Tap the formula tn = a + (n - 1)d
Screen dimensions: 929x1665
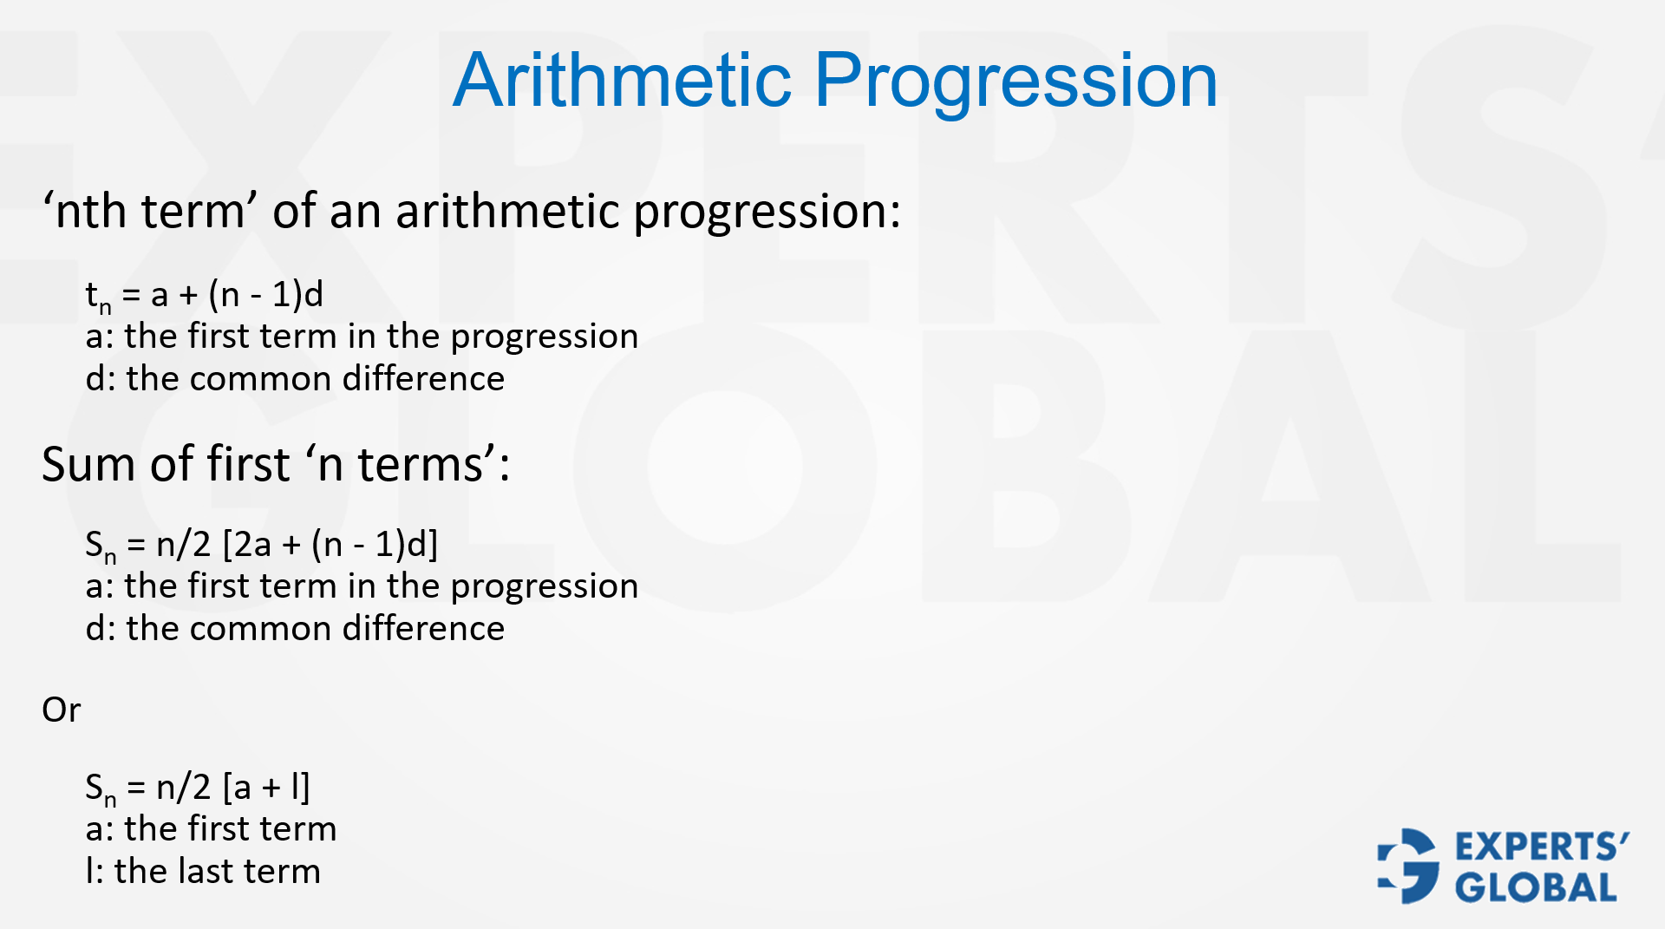204,295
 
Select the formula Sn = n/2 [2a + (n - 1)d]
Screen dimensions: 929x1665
261,545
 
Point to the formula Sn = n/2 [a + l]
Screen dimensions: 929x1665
197,788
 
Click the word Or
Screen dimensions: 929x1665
61,710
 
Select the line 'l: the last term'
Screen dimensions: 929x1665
203,871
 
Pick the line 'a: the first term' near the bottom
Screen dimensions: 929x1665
211,828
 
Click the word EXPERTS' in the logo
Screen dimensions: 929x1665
1541,847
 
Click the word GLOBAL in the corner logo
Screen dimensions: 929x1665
1535,887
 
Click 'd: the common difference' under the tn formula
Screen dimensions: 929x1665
295,379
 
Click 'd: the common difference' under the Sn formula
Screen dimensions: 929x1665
295,628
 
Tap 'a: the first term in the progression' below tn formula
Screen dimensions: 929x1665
362,337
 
